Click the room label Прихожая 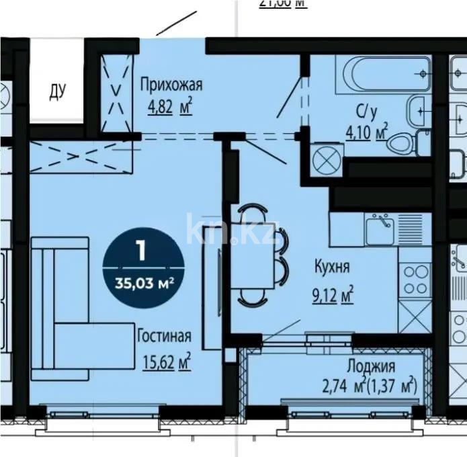171,85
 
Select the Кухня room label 333,267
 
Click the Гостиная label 164,336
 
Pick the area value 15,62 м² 166,363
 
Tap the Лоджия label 371,366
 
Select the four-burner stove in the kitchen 414,278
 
